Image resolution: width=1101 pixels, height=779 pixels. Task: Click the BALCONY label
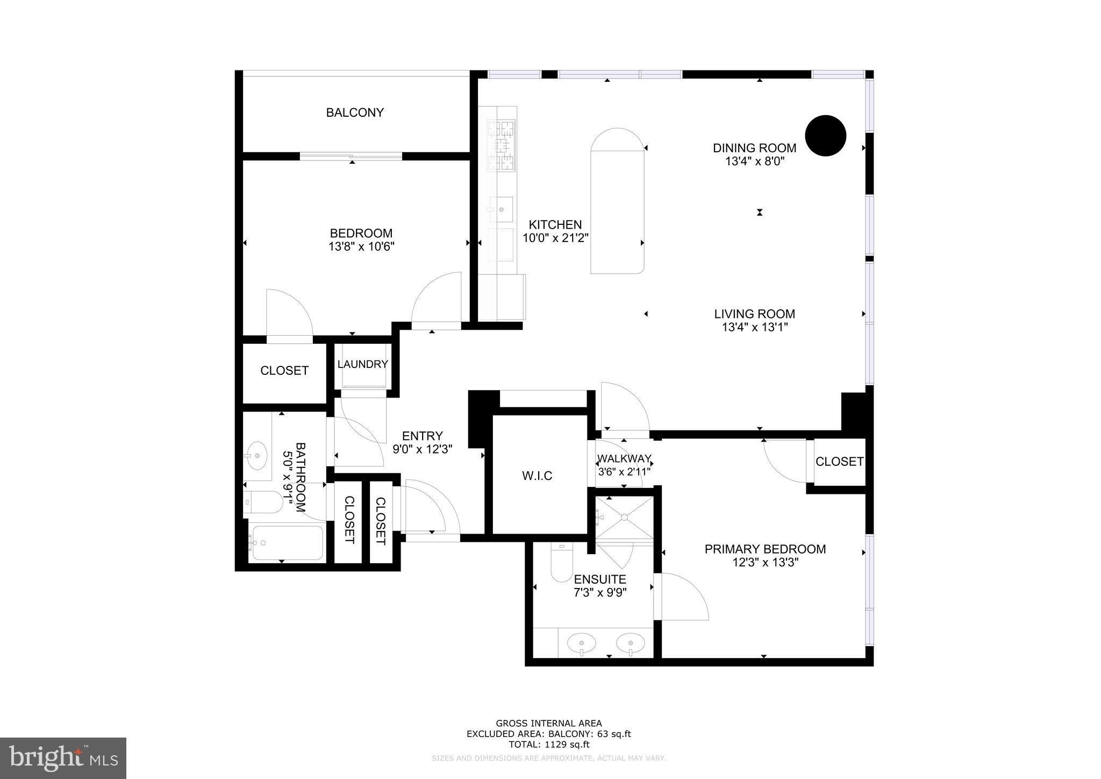[x=355, y=112]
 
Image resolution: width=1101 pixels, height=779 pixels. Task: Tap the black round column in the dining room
[x=825, y=136]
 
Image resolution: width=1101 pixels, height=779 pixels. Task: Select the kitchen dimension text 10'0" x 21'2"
[x=556, y=238]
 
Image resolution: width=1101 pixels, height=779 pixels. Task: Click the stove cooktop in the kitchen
[x=501, y=145]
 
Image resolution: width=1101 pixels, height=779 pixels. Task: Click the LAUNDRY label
[x=362, y=364]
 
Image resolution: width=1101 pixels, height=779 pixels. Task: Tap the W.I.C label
[x=537, y=476]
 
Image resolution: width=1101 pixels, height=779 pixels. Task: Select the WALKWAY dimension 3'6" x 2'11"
[x=624, y=472]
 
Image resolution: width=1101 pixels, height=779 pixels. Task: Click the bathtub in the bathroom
[x=287, y=543]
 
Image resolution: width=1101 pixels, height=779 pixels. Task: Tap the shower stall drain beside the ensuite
[x=625, y=518]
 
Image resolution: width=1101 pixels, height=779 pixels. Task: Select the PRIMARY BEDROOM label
[x=765, y=549]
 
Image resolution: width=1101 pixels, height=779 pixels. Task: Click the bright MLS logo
[x=63, y=758]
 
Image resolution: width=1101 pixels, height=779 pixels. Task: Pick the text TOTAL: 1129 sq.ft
[x=549, y=745]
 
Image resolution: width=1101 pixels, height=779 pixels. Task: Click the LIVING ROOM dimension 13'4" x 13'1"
[x=755, y=327]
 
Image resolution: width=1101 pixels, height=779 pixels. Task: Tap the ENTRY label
[x=423, y=436]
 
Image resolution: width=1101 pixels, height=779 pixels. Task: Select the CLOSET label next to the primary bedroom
[x=839, y=462]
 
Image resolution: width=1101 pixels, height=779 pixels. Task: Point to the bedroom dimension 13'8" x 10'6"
[x=361, y=247]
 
